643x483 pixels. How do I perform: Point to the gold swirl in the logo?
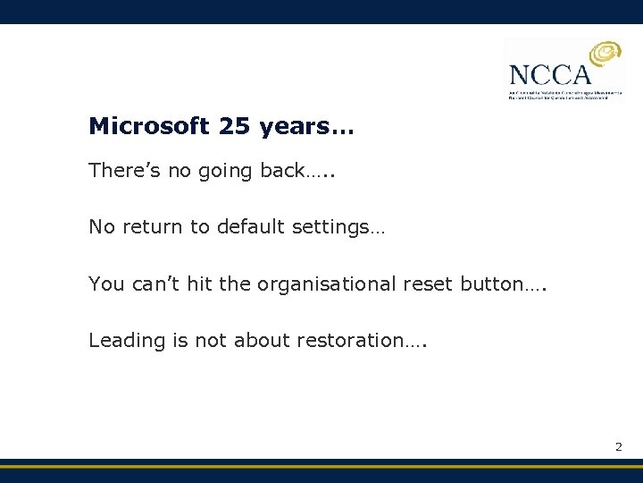(603, 58)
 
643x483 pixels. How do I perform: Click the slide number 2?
(618, 445)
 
